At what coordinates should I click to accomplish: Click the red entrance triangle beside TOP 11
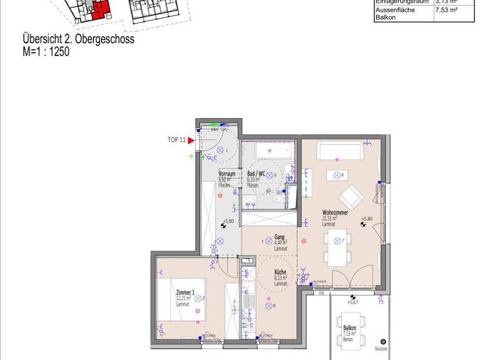190,140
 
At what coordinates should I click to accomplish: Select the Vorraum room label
225,174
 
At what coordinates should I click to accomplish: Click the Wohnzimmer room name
335,212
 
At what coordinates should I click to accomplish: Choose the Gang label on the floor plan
279,237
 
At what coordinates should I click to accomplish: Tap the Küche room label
280,272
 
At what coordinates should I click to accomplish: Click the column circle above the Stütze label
383,341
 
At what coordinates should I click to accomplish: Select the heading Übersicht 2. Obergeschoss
78,40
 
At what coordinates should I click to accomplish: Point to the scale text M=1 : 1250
46,51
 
